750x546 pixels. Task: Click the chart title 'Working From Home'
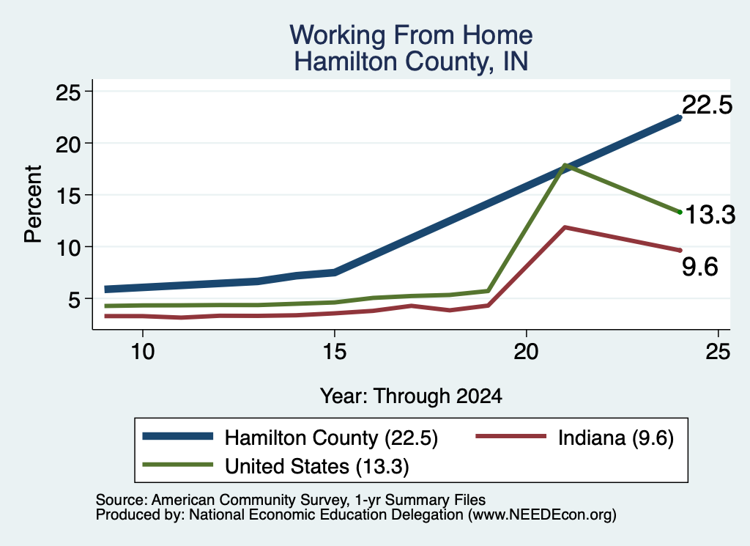411,35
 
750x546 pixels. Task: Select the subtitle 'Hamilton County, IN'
411,62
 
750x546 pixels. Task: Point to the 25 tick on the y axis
68,92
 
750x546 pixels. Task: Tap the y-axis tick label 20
68,144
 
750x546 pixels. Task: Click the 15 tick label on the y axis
68,195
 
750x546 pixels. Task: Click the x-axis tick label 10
143,352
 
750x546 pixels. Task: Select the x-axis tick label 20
526,352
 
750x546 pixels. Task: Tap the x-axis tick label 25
718,352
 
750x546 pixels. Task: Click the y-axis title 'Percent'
33,204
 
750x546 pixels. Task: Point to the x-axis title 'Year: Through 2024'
411,396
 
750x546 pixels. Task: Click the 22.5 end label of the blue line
707,104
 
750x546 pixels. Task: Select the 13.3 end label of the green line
710,215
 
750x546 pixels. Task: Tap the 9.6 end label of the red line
699,267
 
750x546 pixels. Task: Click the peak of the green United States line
565,165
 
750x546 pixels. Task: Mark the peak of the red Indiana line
565,227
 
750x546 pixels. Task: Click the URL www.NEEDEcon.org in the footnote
542,515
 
